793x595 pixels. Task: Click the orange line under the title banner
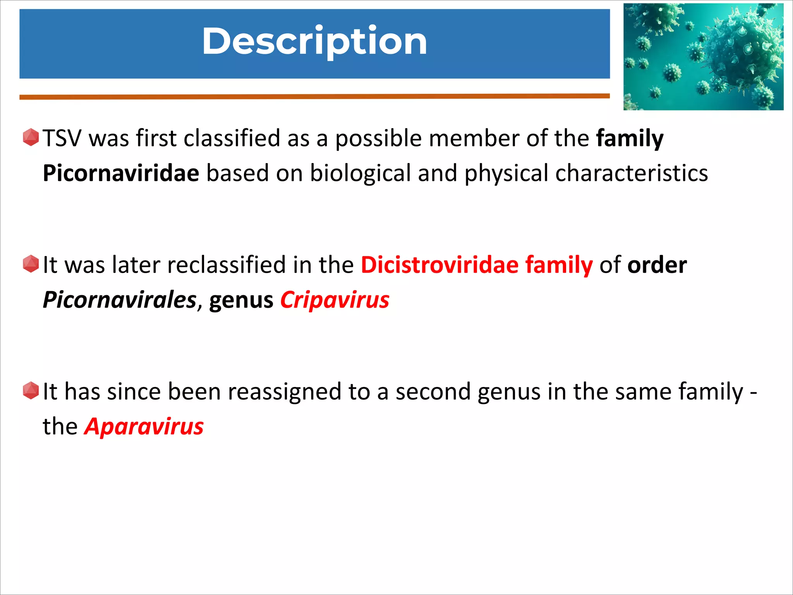point(314,96)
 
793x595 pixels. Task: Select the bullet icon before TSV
point(31,138)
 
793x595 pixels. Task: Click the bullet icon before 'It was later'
point(31,264)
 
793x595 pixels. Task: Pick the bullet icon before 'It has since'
point(31,390)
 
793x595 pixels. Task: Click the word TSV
point(62,138)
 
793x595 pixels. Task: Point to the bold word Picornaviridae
point(121,173)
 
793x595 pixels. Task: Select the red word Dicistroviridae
point(439,265)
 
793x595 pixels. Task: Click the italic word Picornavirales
point(119,300)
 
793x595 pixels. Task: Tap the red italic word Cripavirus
point(335,300)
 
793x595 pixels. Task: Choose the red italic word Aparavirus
point(144,426)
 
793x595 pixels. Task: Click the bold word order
point(657,265)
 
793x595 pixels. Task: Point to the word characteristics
point(632,173)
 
